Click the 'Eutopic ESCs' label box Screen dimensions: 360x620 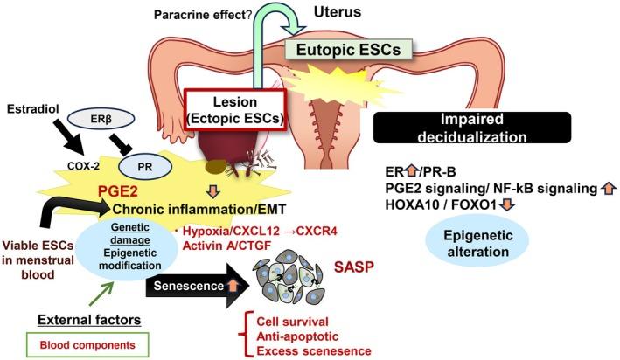[349, 51]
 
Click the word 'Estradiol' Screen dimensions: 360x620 [29, 111]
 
